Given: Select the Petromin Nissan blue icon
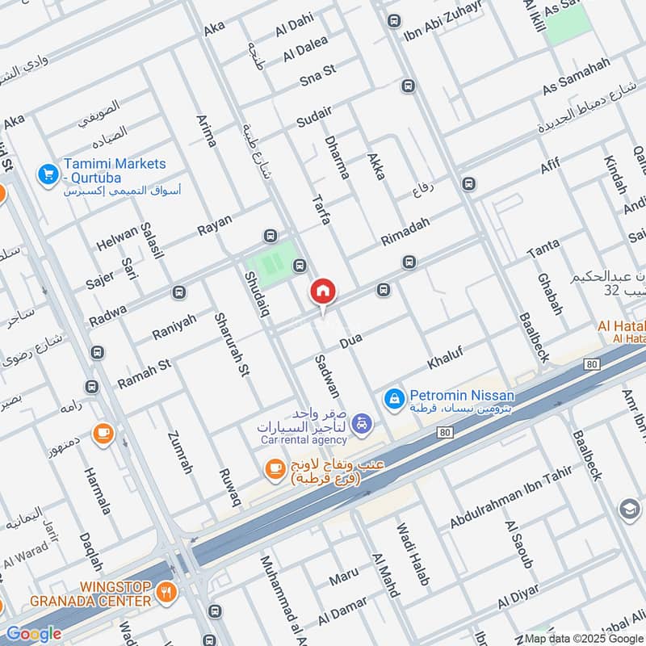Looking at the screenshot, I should click(x=393, y=396).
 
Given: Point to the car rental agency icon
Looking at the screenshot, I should click(x=363, y=421).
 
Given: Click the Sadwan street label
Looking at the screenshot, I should click(x=326, y=376).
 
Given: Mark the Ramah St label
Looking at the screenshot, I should click(x=144, y=374).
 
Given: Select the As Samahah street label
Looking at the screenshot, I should click(x=576, y=78).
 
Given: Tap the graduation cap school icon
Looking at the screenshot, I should click(x=628, y=509).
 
